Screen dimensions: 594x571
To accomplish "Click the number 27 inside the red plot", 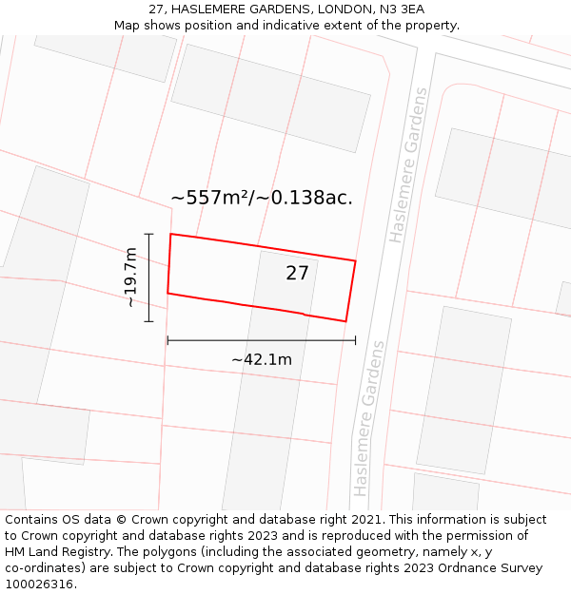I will point(297,274).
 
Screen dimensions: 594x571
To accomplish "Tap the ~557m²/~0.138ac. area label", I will point(262,198).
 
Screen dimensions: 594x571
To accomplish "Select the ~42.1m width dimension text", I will point(261,359).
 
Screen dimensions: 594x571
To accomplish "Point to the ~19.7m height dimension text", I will point(131,278).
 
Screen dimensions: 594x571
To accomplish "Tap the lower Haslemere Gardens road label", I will point(369,418).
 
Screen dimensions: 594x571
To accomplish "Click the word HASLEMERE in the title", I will point(207,10).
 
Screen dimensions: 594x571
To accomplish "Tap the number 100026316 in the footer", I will point(37,584).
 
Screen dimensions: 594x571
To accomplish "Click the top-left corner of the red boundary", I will point(170,234).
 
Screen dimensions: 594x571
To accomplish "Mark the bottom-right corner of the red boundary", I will point(345,321).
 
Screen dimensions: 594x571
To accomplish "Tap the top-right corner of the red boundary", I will point(355,260).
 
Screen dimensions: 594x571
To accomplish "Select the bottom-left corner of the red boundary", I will point(167,293).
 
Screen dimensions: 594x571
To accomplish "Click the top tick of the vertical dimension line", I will point(148,233).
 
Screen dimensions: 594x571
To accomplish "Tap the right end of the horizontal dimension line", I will point(355,340).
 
